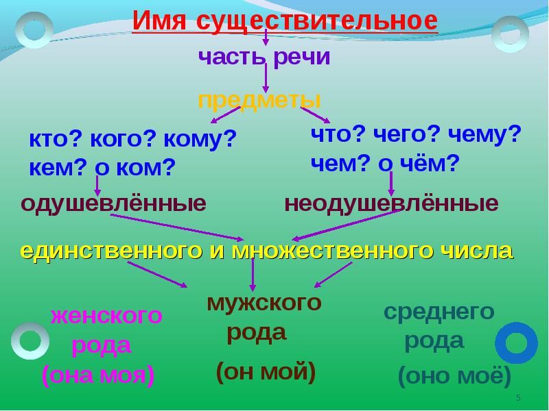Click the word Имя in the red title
(159, 21)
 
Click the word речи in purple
(301, 58)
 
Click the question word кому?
(200, 139)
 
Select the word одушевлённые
(113, 203)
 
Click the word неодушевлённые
(391, 203)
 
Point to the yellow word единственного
(111, 251)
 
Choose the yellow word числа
(476, 251)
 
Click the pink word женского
(106, 316)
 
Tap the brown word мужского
(264, 303)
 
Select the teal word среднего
(439, 312)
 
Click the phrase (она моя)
(98, 375)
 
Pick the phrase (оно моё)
(454, 375)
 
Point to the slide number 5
(518, 398)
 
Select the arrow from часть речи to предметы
(266, 77)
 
